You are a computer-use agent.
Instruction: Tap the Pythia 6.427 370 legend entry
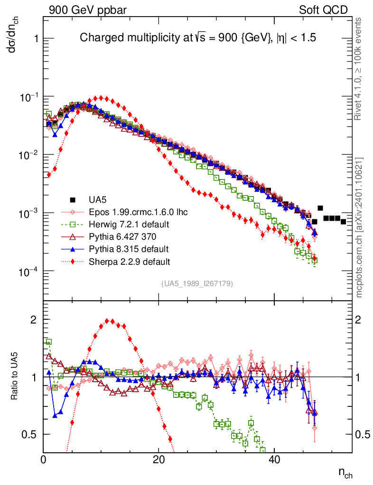[122, 236]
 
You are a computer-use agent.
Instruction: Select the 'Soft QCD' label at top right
[323, 10]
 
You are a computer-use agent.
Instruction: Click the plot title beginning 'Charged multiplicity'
[197, 38]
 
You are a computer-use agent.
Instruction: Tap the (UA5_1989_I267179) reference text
[196, 284]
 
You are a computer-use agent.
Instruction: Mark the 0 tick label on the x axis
[44, 460]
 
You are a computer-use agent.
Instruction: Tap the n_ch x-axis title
[345, 473]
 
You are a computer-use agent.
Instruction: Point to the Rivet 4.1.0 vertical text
[359, 73]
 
